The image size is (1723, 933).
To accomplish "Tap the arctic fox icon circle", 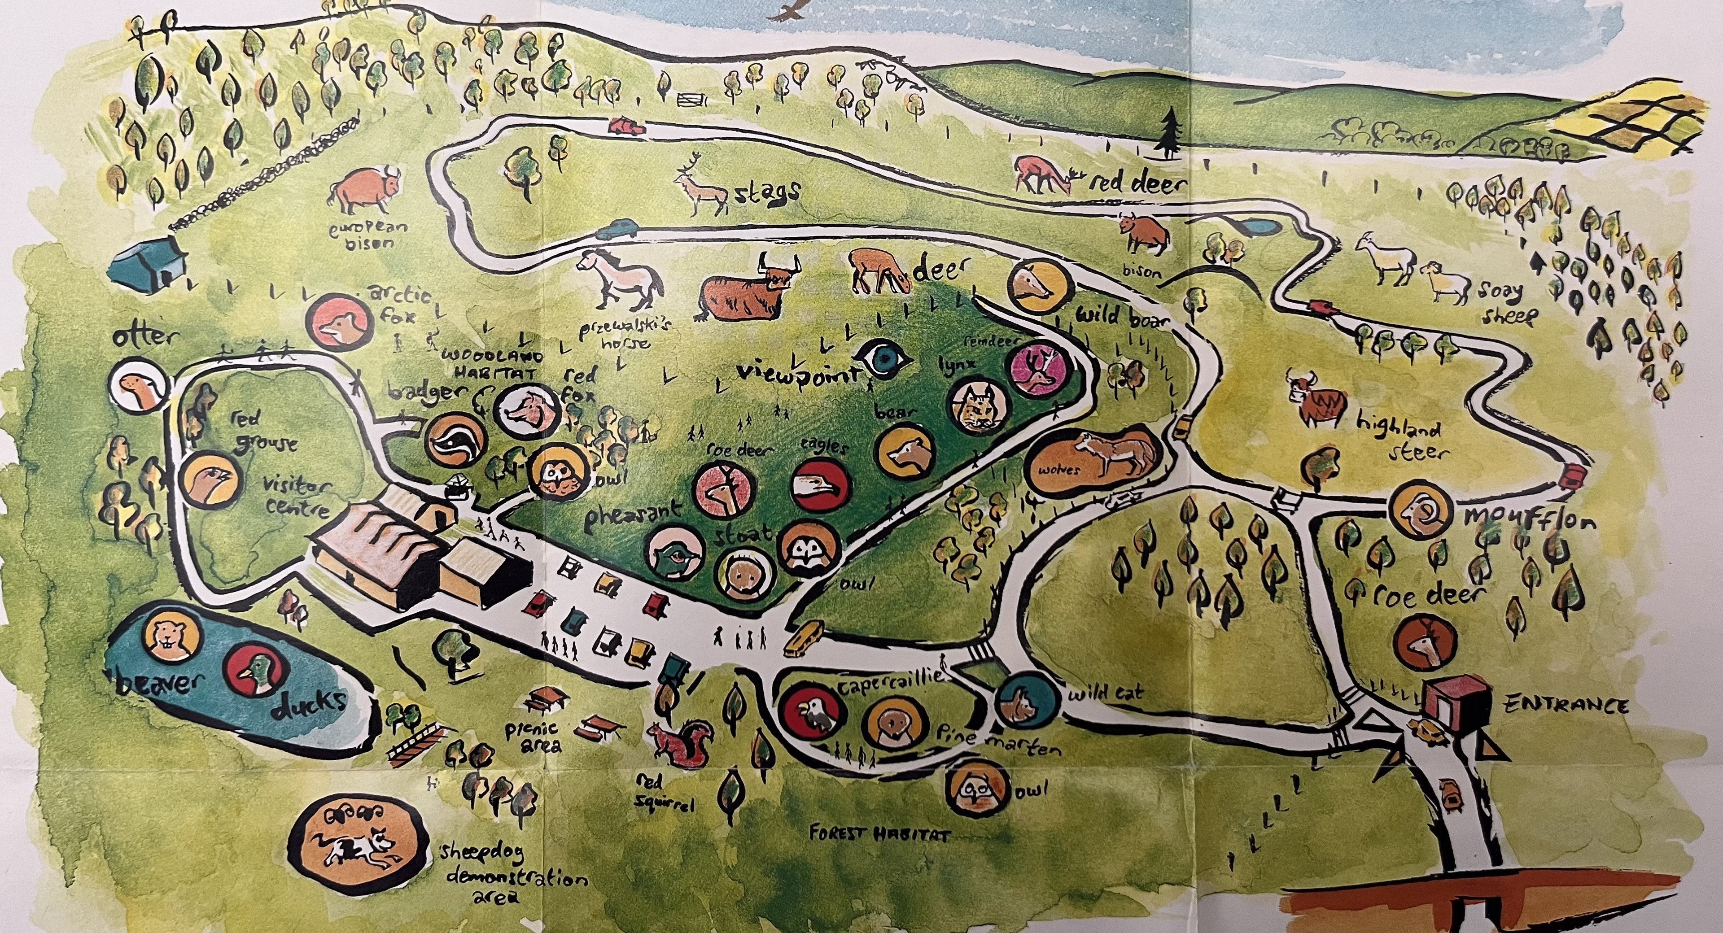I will click(340, 323).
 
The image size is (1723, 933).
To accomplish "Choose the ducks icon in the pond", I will click(255, 672).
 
